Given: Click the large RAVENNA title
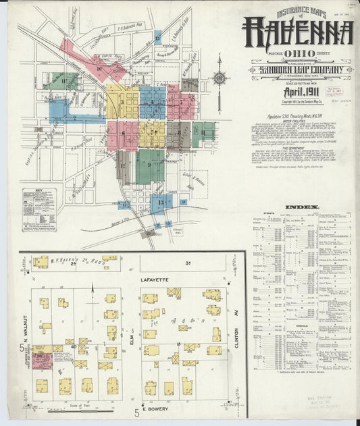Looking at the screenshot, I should [x=297, y=31].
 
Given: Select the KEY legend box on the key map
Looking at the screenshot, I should [x=42, y=210].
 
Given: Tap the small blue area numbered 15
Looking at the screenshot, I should [x=124, y=204].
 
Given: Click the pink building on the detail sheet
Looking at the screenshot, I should [x=42, y=360].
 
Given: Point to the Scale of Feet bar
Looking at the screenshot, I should [x=81, y=405].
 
